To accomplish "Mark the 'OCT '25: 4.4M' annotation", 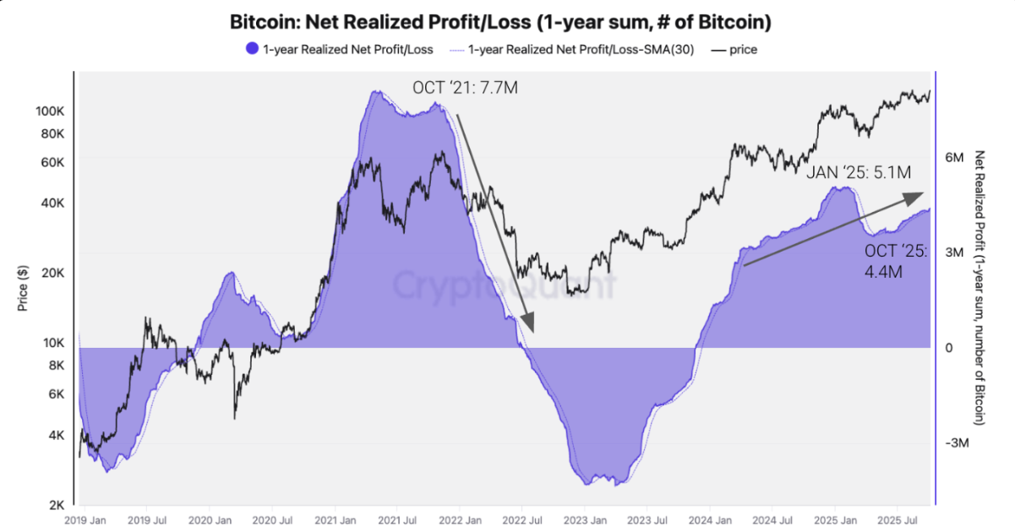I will click(x=895, y=261).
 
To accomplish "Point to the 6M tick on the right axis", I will click(x=954, y=158).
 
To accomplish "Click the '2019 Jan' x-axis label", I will click(x=85, y=519).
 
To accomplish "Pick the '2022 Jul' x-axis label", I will click(x=521, y=519).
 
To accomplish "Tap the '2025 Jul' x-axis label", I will click(x=898, y=519).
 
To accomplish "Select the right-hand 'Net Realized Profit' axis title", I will click(x=980, y=287).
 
